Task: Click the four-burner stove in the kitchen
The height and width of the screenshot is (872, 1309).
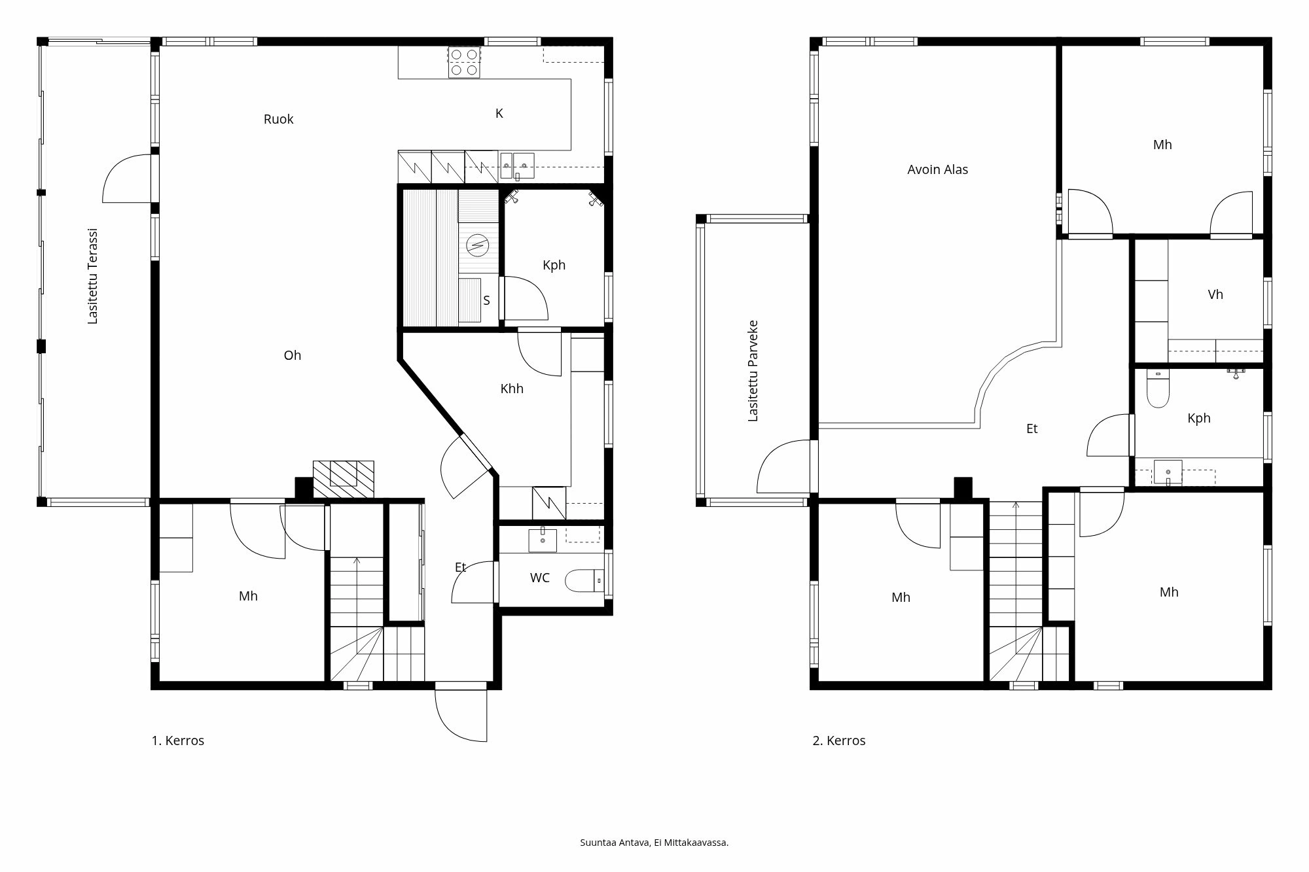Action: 465,62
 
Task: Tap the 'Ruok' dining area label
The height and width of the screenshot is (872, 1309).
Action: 278,119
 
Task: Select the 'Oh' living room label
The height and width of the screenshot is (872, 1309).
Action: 292,355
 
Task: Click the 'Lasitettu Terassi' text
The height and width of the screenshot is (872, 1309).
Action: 92,276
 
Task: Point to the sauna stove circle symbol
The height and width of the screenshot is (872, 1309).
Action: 478,245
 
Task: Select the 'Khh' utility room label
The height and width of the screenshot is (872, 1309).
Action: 511,389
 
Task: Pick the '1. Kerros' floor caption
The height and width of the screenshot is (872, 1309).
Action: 178,741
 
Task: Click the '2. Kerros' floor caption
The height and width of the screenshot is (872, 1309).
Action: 839,741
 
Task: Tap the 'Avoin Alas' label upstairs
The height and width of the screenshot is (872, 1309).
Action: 937,169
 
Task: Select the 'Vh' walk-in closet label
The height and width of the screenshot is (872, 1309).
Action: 1215,294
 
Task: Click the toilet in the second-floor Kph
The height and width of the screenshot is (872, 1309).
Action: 1158,391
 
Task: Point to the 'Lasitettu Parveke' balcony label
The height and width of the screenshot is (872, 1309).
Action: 753,370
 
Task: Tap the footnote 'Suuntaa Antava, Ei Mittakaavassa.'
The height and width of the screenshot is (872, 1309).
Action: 654,843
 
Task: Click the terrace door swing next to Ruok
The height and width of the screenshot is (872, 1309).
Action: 128,178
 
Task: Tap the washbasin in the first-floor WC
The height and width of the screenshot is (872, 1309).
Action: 543,540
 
